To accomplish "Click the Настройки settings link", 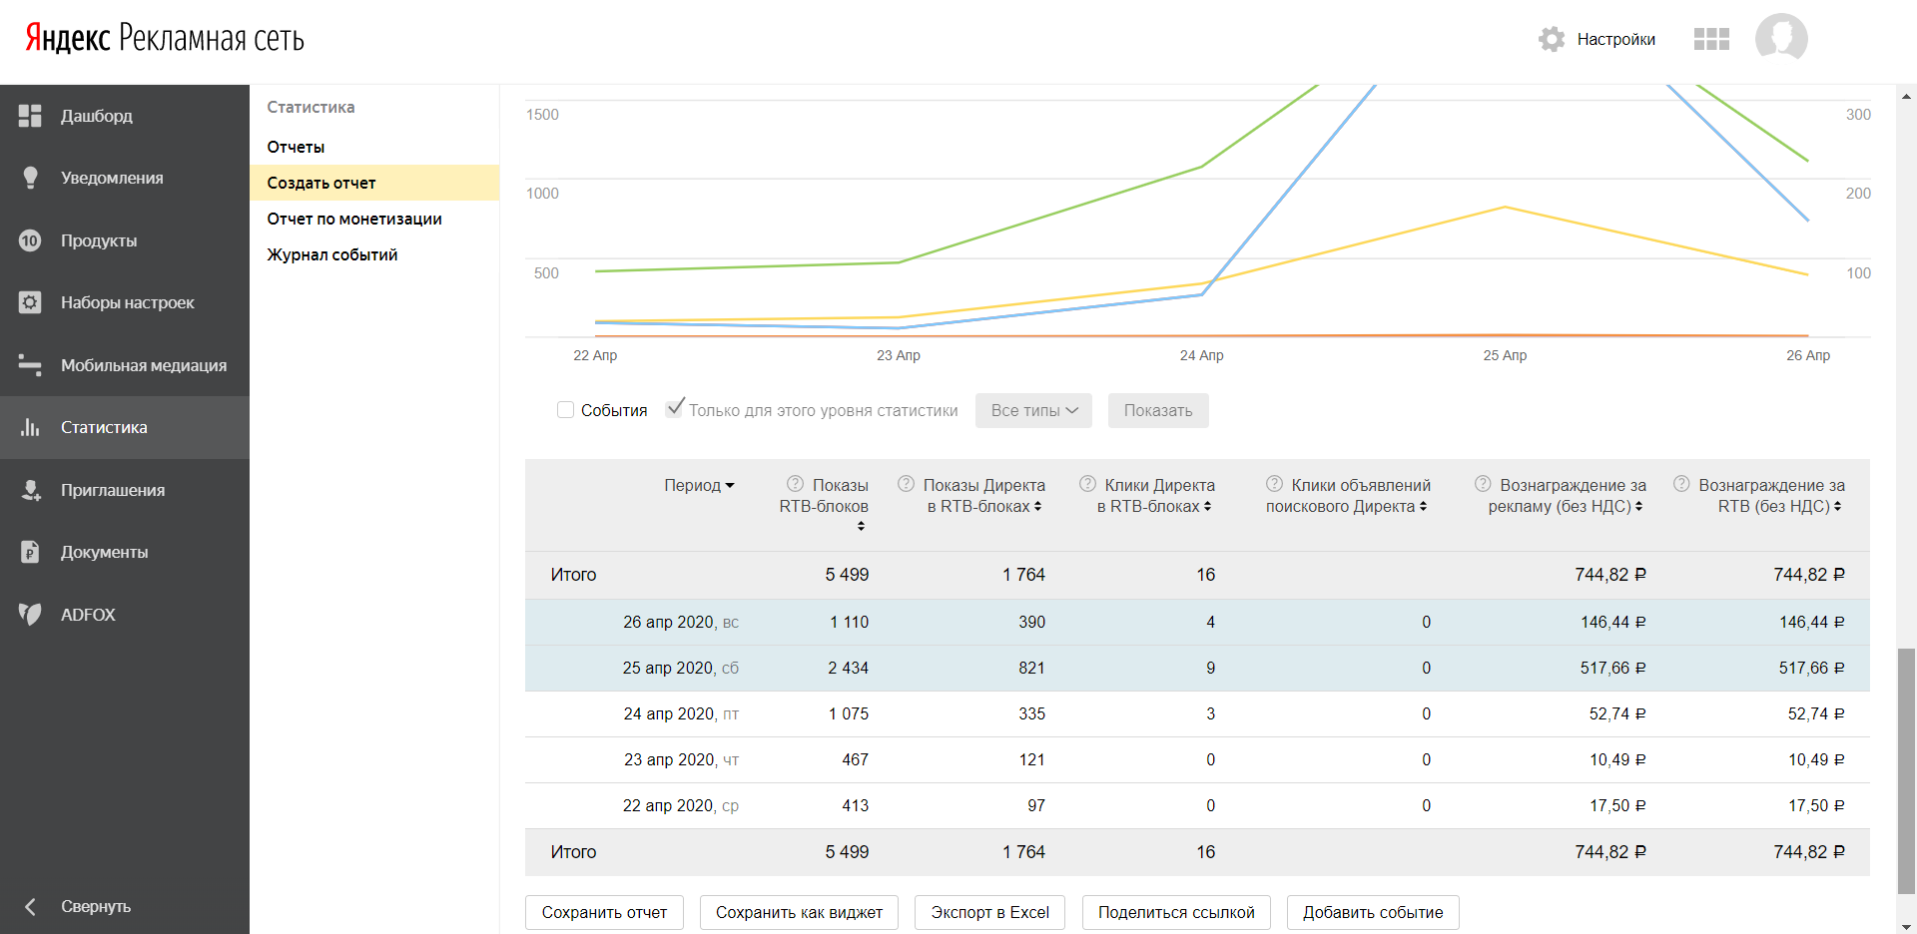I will [1614, 40].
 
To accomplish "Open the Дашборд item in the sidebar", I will [96, 116].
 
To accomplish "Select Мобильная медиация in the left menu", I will [143, 365].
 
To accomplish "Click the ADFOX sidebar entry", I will [88, 615].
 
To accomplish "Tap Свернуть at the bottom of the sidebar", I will [95, 906].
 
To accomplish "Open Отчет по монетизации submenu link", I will [353, 219].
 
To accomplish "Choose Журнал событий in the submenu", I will [331, 254].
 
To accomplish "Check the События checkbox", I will [566, 410].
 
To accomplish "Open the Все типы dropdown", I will [1033, 410].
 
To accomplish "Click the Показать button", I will [1157, 410].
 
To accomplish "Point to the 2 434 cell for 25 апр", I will [848, 668].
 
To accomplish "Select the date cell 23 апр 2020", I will [669, 759].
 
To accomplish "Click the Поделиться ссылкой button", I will [1175, 912].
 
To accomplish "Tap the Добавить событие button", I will [1372, 912].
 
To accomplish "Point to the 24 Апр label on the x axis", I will [1201, 355].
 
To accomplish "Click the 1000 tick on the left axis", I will [542, 194].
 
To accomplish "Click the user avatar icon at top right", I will [1781, 39].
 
